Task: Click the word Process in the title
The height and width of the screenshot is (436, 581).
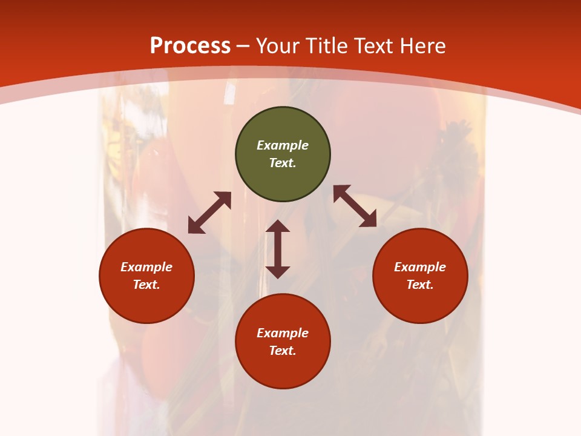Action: [x=190, y=46]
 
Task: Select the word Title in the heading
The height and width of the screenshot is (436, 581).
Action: [x=327, y=46]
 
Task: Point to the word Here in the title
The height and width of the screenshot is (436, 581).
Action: [x=424, y=46]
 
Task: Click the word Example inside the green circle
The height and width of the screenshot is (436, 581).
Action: [x=283, y=145]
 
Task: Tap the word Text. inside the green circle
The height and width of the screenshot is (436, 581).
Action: [x=283, y=163]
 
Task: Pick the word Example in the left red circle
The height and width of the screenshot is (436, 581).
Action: [x=146, y=267]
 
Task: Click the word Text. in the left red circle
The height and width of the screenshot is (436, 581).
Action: [x=146, y=285]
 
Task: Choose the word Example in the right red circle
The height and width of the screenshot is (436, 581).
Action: [x=420, y=267]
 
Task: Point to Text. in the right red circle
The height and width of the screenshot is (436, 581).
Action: [x=420, y=285]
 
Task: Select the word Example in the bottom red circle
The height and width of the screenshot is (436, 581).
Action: [x=283, y=333]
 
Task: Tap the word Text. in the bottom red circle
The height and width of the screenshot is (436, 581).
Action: [x=283, y=351]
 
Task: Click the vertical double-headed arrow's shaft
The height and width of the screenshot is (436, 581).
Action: [x=278, y=249]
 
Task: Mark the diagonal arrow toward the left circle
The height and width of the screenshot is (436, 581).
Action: [x=209, y=213]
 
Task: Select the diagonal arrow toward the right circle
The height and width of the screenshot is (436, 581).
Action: [x=355, y=206]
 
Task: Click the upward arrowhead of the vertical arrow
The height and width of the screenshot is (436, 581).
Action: [x=278, y=226]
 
